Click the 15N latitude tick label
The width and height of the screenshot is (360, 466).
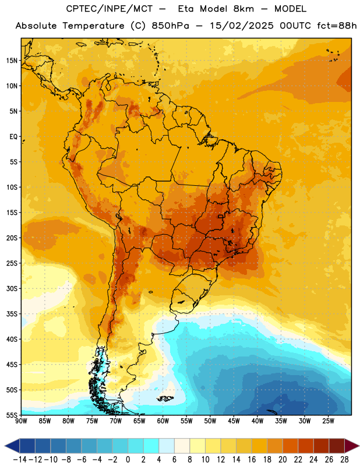[12, 61]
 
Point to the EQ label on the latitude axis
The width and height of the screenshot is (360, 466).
[13, 137]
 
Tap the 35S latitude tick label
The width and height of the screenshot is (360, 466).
[12, 314]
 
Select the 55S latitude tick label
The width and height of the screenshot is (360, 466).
[12, 415]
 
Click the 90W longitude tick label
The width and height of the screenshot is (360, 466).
[21, 421]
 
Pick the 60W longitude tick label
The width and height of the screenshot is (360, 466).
[163, 421]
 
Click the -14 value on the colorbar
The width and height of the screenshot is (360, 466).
[20, 460]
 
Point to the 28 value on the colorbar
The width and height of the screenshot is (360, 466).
[344, 460]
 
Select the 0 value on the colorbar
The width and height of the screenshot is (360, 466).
[128, 460]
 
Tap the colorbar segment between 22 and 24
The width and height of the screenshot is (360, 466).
[306, 446]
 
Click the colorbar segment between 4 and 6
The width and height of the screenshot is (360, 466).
[167, 446]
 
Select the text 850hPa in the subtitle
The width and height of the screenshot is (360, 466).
[170, 26]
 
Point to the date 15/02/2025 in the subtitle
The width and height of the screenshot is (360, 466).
[242, 26]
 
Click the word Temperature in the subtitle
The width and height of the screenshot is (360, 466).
[93, 26]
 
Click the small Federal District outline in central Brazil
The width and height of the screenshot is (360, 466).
[221, 216]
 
